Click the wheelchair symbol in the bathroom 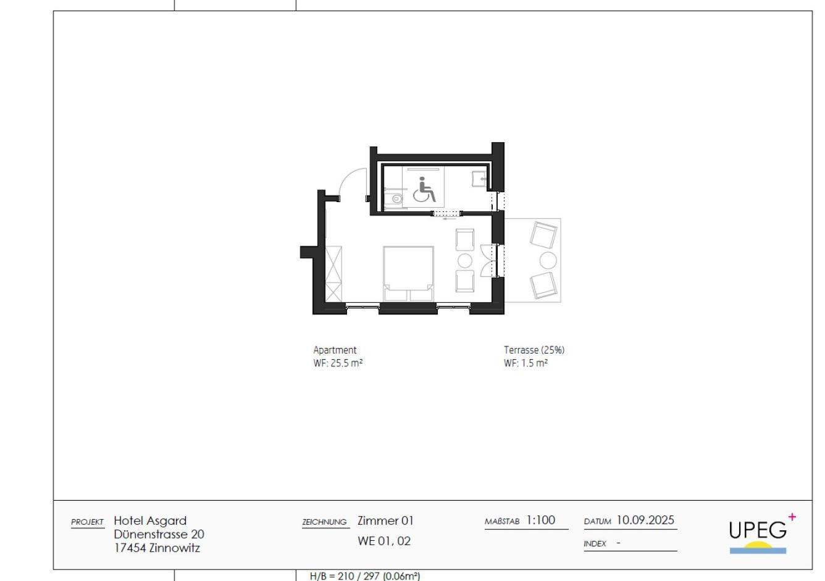click(424, 190)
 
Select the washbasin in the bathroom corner click(479, 179)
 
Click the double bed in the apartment click(408, 273)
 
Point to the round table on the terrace click(548, 259)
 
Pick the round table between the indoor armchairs click(464, 260)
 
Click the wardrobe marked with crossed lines click(333, 273)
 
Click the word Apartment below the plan click(335, 350)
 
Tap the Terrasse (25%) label click(534, 350)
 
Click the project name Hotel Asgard click(150, 520)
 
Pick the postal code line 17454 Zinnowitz click(157, 548)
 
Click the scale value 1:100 click(540, 520)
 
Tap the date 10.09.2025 click(645, 520)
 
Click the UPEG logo click(758, 533)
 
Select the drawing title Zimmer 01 click(385, 520)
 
